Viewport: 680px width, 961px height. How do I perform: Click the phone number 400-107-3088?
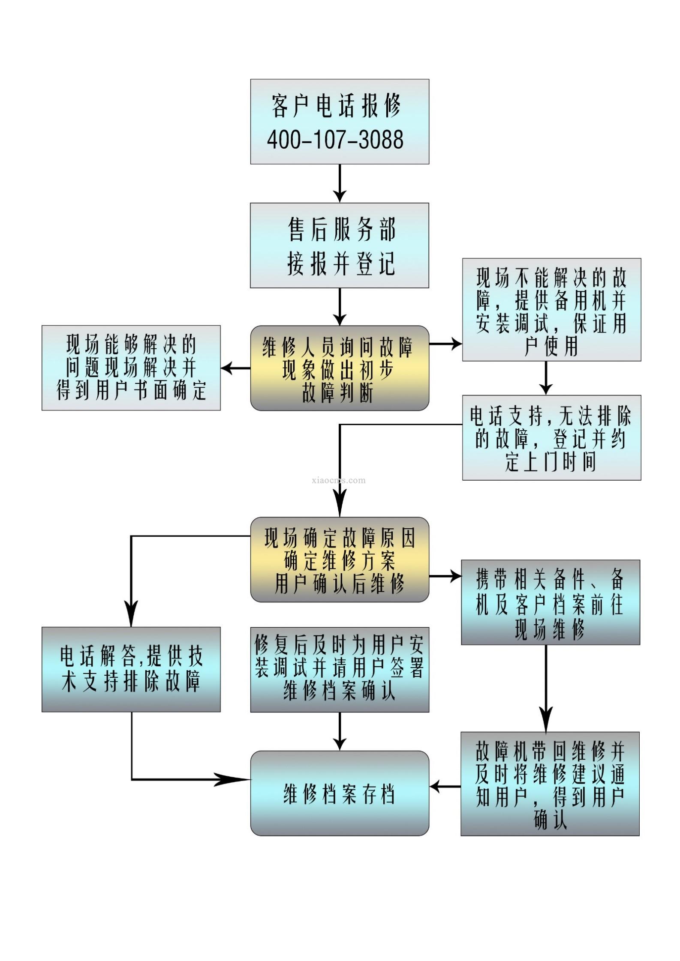[335, 140]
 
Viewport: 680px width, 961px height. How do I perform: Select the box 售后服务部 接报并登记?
[340, 245]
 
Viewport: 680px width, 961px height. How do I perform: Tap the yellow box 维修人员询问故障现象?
[340, 368]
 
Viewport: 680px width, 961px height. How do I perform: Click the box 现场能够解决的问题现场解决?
[131, 368]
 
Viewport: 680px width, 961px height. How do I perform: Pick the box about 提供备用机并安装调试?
[551, 309]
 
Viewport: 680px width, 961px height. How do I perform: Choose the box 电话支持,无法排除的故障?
[551, 437]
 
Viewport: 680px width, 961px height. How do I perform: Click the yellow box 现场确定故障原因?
[340, 560]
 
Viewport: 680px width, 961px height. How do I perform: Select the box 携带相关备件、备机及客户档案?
[551, 602]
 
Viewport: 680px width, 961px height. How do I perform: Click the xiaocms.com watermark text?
[340, 480]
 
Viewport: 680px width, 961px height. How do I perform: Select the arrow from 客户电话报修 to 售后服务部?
[340, 183]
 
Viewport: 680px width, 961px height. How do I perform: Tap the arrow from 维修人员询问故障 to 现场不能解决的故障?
[446, 343]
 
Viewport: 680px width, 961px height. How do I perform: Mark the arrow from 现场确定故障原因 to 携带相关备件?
[446, 576]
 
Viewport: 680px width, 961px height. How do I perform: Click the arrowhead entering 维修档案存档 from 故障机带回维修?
[436, 787]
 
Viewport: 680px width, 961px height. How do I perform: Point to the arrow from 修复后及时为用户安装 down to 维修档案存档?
[340, 731]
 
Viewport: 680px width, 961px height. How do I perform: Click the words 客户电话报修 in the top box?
[336, 105]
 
